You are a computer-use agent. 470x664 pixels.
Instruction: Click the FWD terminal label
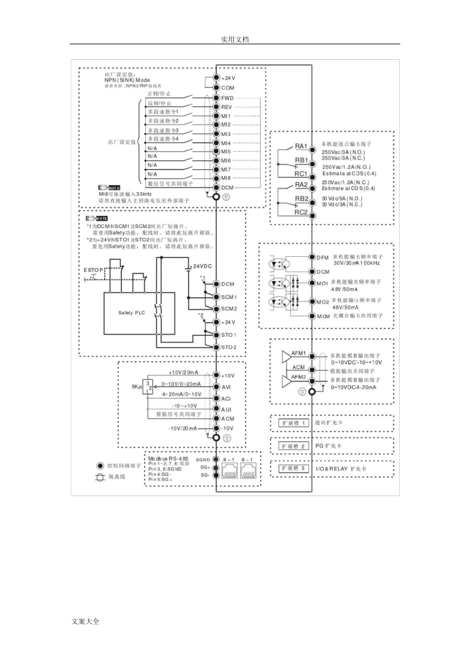pyautogui.click(x=227, y=98)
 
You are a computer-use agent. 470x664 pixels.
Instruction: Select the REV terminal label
pyautogui.click(x=227, y=107)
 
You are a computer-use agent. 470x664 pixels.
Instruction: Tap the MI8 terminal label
pyautogui.click(x=226, y=178)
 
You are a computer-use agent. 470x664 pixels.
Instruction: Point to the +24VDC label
pyautogui.click(x=202, y=266)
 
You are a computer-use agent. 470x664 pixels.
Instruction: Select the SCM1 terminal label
pyautogui.click(x=229, y=297)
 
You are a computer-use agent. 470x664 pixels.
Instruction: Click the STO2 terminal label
pyautogui.click(x=229, y=347)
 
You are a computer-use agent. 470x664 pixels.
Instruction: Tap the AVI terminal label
pyautogui.click(x=226, y=387)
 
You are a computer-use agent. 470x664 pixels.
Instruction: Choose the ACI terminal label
pyautogui.click(x=226, y=399)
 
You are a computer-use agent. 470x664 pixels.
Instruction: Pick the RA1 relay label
pyautogui.click(x=301, y=146)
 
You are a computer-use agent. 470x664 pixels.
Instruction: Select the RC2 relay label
pyautogui.click(x=301, y=212)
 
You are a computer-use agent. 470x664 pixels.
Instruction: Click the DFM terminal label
pyautogui.click(x=323, y=257)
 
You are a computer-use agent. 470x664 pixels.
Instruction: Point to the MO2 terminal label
pyautogui.click(x=323, y=302)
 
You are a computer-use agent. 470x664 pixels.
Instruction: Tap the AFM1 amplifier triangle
pyautogui.click(x=286, y=357)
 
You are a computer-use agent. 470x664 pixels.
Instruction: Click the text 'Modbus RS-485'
pyautogui.click(x=168, y=458)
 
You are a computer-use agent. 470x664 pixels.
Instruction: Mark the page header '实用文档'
pyautogui.click(x=235, y=40)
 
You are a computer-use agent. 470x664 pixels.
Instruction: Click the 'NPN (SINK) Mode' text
pyautogui.click(x=127, y=80)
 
